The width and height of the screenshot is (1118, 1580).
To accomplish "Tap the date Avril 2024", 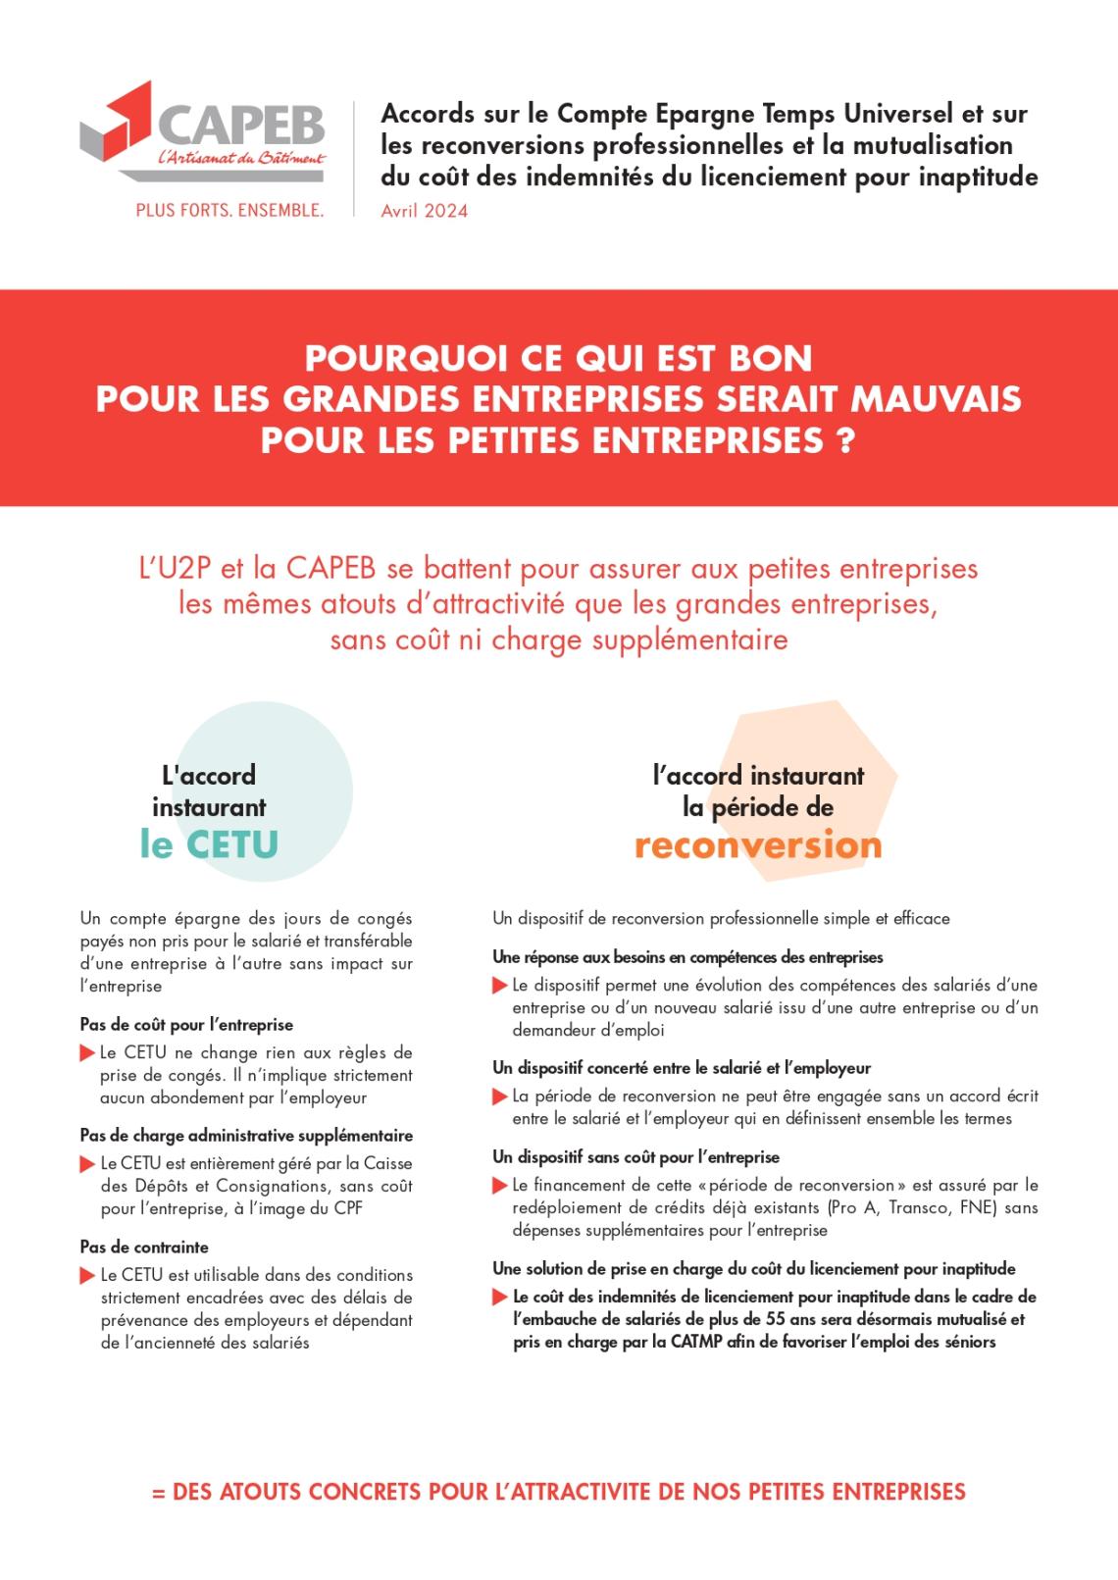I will [x=424, y=211].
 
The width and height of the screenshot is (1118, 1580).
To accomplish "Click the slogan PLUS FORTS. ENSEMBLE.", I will [x=229, y=210].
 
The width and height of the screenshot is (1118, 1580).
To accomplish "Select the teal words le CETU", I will [x=209, y=844].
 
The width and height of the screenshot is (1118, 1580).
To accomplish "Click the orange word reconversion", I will [x=758, y=845].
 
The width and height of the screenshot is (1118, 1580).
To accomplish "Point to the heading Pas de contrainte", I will [x=144, y=1248].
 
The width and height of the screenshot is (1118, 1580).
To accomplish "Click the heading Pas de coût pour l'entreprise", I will [x=186, y=1025].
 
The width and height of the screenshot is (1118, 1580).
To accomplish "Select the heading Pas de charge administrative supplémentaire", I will [x=246, y=1136].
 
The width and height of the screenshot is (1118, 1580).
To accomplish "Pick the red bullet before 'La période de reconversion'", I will [x=500, y=1097].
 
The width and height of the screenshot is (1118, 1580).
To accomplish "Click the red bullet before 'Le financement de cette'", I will [x=500, y=1187].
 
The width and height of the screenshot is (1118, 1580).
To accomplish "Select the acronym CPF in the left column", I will [x=347, y=1208].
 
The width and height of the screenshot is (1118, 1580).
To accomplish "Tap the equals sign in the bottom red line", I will [x=159, y=1493].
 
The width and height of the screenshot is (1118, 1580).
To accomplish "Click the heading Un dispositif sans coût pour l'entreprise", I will [x=635, y=1157].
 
